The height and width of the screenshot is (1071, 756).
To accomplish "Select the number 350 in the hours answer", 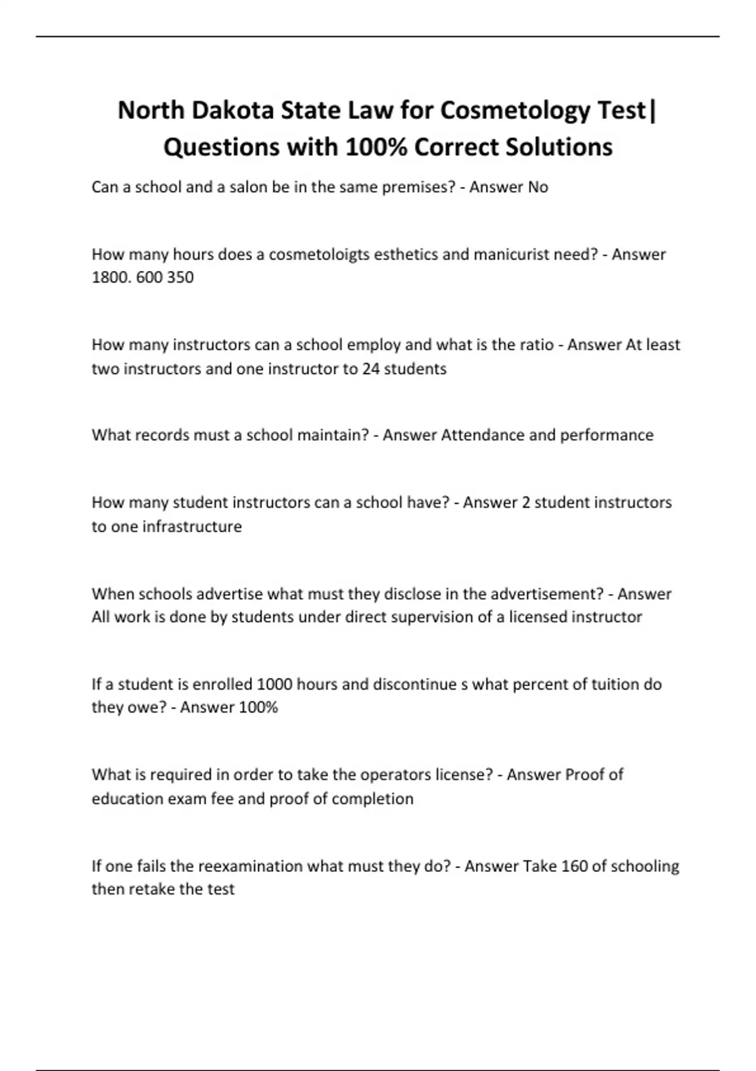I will (181, 277).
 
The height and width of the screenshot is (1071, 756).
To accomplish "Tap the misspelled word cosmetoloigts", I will (321, 255).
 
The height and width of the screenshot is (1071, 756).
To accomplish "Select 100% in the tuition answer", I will (258, 707).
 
